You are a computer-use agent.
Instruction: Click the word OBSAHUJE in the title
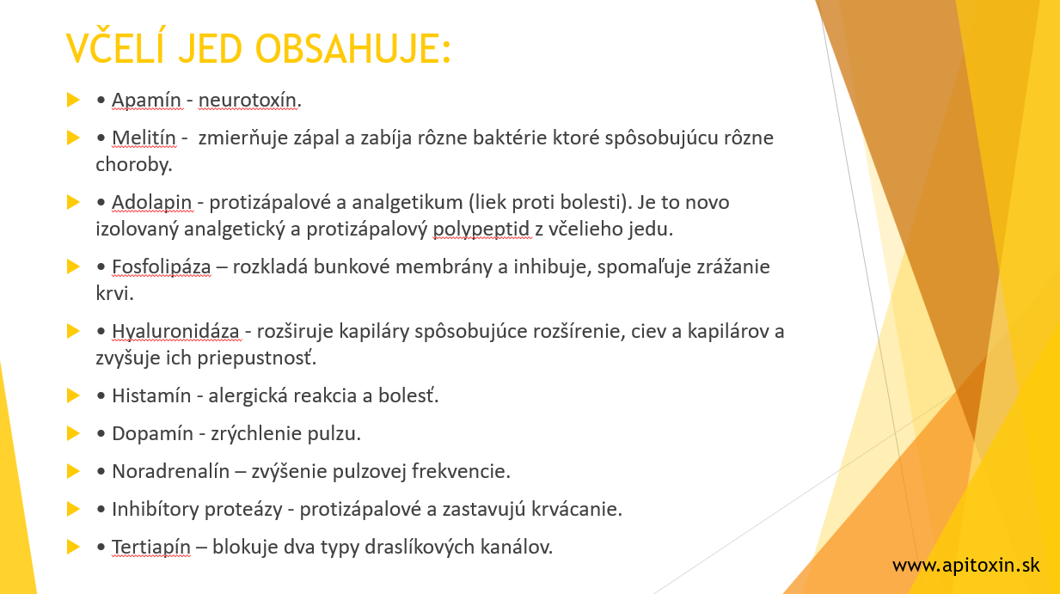pyautogui.click(x=353, y=48)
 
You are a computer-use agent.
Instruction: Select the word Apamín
pyautogui.click(x=147, y=101)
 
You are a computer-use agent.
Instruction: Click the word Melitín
pyautogui.click(x=144, y=138)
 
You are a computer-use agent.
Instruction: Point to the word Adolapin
pyautogui.click(x=152, y=203)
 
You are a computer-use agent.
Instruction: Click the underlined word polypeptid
pyautogui.click(x=481, y=230)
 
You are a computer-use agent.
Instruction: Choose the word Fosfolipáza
pyautogui.click(x=162, y=267)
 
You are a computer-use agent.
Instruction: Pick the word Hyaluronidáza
pyautogui.click(x=175, y=332)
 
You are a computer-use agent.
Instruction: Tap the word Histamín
pyautogui.click(x=151, y=395)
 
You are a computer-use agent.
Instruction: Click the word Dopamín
pyautogui.click(x=152, y=434)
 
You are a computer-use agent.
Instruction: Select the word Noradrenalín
pyautogui.click(x=171, y=471)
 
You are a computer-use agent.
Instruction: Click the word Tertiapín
pyautogui.click(x=151, y=548)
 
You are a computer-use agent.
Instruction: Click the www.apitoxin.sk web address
pyautogui.click(x=965, y=566)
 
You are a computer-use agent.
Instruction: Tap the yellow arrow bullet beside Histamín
pyautogui.click(x=73, y=395)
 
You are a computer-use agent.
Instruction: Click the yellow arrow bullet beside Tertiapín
pyautogui.click(x=73, y=547)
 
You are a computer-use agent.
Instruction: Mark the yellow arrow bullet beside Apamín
pyautogui.click(x=73, y=100)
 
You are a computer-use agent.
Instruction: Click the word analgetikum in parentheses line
pyautogui.click(x=407, y=203)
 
